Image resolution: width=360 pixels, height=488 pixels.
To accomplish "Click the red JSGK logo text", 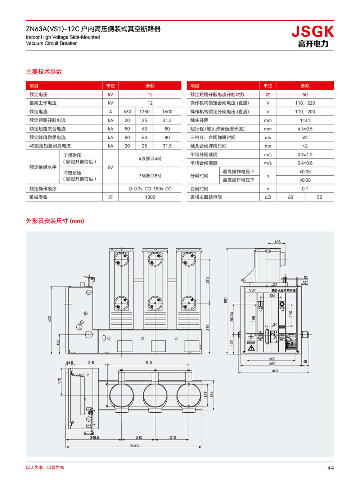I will point(312,32).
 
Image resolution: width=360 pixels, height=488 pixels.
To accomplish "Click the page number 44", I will point(330,467).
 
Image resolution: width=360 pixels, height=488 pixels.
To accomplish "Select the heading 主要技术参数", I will point(44,72).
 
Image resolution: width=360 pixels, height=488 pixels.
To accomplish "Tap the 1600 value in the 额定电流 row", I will point(167,112).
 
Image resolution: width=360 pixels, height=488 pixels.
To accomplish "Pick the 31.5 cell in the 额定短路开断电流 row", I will point(167,120).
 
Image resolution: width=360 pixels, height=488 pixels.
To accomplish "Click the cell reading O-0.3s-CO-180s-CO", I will point(150,189).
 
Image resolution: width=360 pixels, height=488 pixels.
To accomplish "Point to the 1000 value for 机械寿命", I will point(150,197).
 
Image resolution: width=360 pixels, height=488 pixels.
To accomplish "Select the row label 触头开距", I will point(199,120).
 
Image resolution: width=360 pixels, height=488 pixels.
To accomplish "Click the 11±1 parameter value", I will point(305,120).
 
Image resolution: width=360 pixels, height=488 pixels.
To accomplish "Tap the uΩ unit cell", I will point(267,197).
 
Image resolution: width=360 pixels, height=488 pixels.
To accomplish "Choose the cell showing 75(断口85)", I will point(150,176).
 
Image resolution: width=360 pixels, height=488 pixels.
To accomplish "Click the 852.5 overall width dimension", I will point(135,445).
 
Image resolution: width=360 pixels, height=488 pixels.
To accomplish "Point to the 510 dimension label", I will point(149,363).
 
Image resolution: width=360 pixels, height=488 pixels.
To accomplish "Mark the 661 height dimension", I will point(226,300).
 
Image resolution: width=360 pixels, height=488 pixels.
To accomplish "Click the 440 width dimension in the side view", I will point(275,371).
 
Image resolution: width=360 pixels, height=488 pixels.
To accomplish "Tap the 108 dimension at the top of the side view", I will point(277,242).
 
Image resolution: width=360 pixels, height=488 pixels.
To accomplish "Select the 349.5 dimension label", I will point(94,438).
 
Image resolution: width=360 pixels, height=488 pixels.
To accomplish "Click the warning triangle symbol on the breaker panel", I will point(251,348).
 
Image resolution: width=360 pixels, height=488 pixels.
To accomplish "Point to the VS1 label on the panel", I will point(252,290).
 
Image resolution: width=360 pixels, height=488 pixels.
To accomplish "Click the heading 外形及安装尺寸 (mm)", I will point(55,221).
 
